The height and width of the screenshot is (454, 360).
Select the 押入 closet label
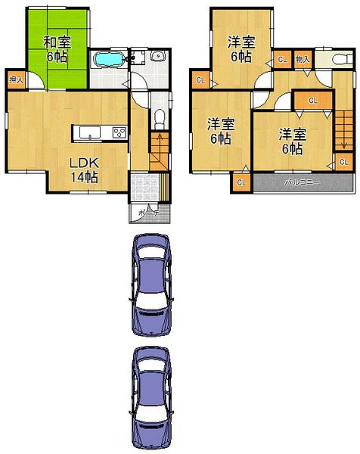pyautogui.click(x=16, y=79)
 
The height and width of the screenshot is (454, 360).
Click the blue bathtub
pyautogui.click(x=110, y=60)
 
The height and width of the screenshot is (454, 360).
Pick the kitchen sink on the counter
pyautogui.click(x=90, y=134)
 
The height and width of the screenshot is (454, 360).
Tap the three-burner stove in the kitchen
pyautogui.click(x=119, y=132)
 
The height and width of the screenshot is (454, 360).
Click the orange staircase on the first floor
pyautogui.click(x=158, y=150)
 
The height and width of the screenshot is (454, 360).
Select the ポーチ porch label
pyautogui.click(x=149, y=214)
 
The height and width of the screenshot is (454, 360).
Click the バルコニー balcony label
pyautogui.click(x=303, y=183)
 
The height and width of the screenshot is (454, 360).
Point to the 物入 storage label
pyautogui.click(x=302, y=59)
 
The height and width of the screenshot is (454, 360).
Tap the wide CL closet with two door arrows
pyautogui.click(x=312, y=100)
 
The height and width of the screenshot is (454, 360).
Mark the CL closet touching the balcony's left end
pyautogui.click(x=241, y=182)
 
